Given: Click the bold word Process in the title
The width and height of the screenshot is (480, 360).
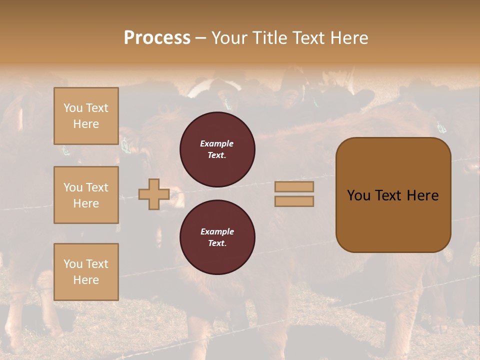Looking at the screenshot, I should tap(157, 38).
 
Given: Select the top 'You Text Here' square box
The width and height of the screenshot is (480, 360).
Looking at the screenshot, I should tap(86, 116).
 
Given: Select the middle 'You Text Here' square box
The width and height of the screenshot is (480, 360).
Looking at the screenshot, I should tap(86, 195).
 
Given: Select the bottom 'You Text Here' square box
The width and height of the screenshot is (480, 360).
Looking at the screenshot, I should tap(86, 271).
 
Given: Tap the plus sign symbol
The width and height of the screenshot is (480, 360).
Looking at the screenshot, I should tap(154, 194).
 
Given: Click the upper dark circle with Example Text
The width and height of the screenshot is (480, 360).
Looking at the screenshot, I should tap(217, 149).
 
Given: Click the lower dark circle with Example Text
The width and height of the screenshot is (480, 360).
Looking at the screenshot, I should tap(217, 237).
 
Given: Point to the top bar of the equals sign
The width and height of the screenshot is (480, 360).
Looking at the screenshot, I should tap(294, 186).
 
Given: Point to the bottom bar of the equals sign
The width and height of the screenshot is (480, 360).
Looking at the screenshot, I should tap(294, 201).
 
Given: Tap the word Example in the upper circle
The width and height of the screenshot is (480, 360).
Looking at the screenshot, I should tap(217, 143).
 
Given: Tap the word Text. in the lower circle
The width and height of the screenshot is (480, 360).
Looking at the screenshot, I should tap(217, 243).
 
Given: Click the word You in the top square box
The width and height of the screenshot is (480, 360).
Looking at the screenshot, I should tap(73, 108).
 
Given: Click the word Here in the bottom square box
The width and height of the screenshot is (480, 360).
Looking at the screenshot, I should tap(86, 280).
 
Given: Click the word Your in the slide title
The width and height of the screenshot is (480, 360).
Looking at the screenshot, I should tap(229, 38).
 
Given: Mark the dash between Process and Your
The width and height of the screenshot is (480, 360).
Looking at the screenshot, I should tap(201, 38).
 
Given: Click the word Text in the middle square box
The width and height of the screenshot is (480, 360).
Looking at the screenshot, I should tap(97, 187).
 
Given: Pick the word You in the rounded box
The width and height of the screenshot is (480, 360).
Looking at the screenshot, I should tap(358, 195).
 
